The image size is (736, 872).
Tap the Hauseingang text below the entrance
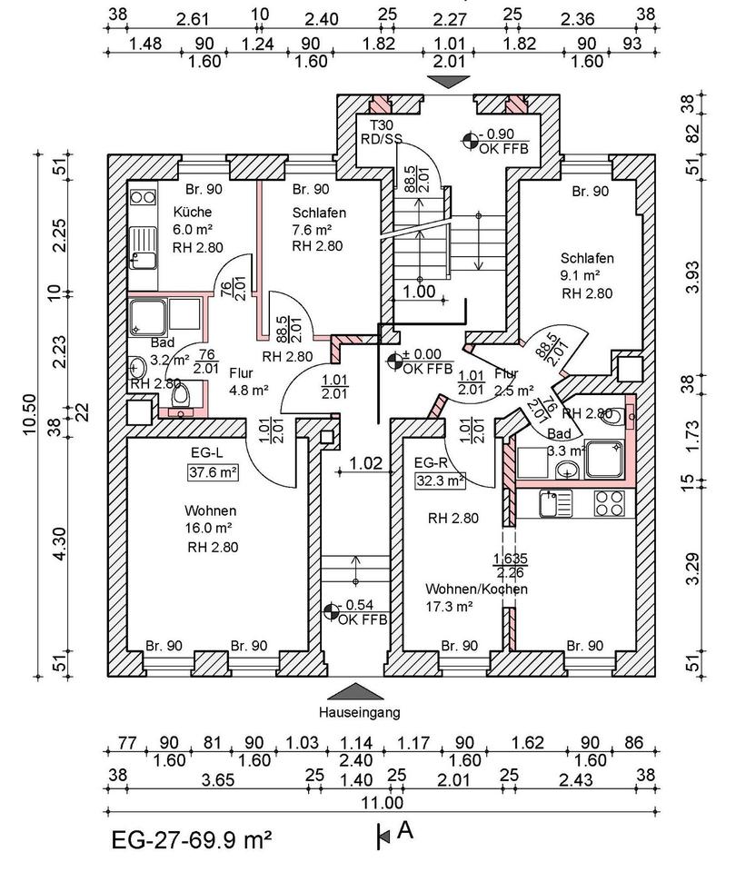359,712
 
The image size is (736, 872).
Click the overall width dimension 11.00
383,801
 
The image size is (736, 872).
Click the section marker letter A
405,828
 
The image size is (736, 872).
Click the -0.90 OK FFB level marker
496,140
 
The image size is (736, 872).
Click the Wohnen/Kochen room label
475,589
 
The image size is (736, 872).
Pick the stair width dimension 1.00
420,292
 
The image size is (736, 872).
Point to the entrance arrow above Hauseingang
359,691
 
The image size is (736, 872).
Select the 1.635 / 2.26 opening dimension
510,565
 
